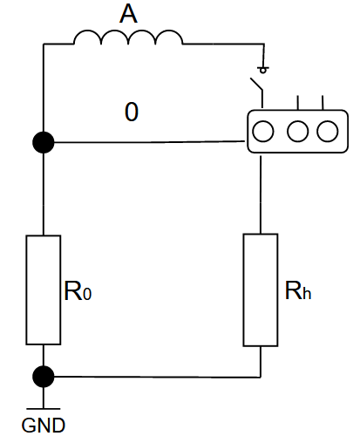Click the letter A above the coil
pyautogui.click(x=128, y=14)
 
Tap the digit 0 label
pyautogui.click(x=132, y=112)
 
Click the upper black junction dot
pyautogui.click(x=44, y=142)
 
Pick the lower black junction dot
pyautogui.click(x=44, y=377)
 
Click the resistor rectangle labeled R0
pyautogui.click(x=44, y=290)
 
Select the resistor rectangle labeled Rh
pyautogui.click(x=261, y=290)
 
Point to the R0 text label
pyautogui.click(x=78, y=290)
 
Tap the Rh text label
pyautogui.click(x=298, y=290)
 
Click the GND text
pyautogui.click(x=44, y=426)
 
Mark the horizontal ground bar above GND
pyautogui.click(x=44, y=409)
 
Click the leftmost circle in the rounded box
pyautogui.click(x=263, y=131)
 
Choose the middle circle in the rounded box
pyautogui.click(x=297, y=131)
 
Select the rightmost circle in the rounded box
pyautogui.click(x=328, y=131)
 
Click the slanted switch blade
pyautogui.click(x=256, y=84)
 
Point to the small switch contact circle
pyautogui.click(x=263, y=71)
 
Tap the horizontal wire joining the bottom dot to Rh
pyautogui.click(x=157, y=377)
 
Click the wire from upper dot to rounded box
pyautogui.click(x=150, y=142)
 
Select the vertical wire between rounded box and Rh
pyautogui.click(x=261, y=194)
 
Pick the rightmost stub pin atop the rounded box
pyautogui.click(x=323, y=103)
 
